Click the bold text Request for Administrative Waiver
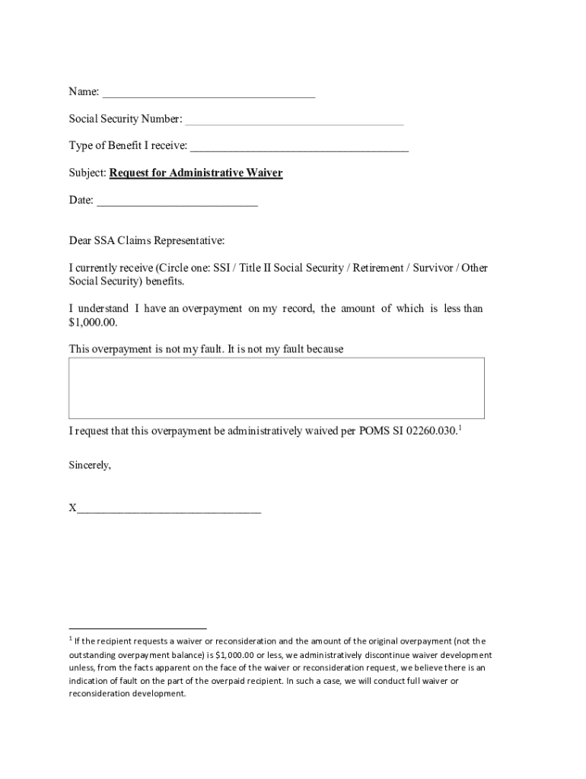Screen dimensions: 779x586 [196, 173]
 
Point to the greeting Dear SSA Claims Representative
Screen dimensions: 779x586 [147, 241]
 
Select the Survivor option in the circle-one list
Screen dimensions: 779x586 [433, 268]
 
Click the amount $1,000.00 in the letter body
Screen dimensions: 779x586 [93, 323]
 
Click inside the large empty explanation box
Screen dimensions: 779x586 [276, 388]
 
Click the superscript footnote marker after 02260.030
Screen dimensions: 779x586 [460, 428]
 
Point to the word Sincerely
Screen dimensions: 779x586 [90, 465]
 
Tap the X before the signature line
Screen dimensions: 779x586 [72, 508]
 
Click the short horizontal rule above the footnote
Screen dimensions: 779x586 [138, 629]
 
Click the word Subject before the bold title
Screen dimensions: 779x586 [87, 173]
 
